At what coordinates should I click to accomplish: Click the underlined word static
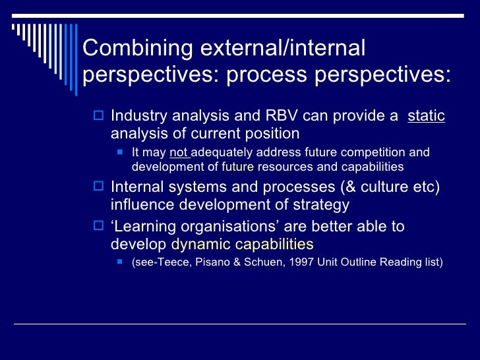[426, 117]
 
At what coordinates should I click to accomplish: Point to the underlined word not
[179, 153]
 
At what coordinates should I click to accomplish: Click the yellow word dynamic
[198, 245]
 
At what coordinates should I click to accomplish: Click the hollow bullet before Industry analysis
[99, 117]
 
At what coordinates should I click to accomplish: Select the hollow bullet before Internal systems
[99, 187]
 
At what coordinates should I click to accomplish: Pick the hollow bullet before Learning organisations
[99, 227]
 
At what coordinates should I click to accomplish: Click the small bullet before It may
[120, 153]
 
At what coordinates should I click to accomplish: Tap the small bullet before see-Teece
[120, 262]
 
